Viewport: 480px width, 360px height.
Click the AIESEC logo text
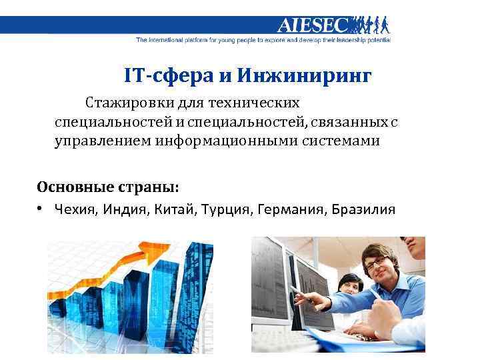coord(312,25)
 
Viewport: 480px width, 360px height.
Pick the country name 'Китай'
coord(173,210)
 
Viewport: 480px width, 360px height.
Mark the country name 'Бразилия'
coord(363,210)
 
